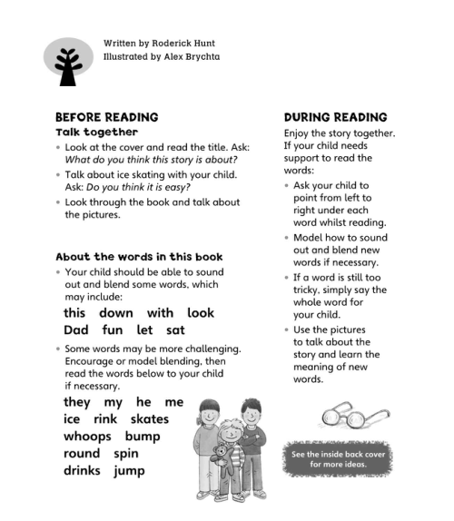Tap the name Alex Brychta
pos(187,56)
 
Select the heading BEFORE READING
pos(107,117)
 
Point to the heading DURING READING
pos(335,117)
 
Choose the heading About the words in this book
pos(139,257)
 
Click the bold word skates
pos(149,418)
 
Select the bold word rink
pos(106,418)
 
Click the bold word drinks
pos(82,470)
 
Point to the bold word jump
pos(129,470)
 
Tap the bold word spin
pos(126,453)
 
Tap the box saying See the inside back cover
pos(337,458)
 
